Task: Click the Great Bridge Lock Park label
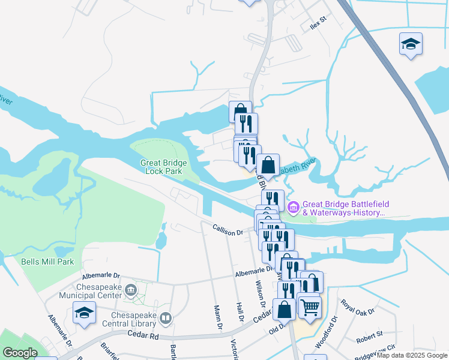pos(163,167)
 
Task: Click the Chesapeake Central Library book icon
pos(166,319)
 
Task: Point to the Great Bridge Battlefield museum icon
pos(294,208)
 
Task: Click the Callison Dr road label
pos(228,229)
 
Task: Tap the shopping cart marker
pos(310,307)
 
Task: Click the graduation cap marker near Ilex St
pos(411,44)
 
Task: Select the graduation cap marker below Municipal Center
pos(84,313)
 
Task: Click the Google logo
pos(20,353)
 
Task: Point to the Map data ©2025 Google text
pos(412,355)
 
